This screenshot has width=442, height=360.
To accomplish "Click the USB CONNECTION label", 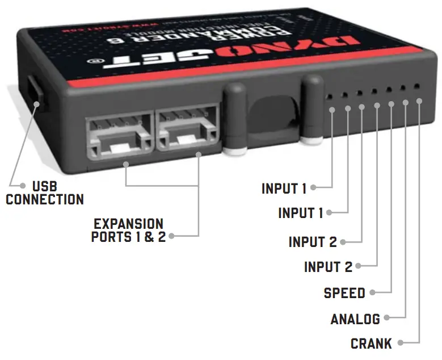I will coord(45,192).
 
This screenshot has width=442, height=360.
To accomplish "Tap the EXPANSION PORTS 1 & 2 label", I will coord(128,230).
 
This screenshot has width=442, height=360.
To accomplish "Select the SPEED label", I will coord(344,293).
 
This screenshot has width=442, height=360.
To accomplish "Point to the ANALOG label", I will coord(355,320).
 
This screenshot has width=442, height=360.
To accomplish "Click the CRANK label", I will coord(371,344).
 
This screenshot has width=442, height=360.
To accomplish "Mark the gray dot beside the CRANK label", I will coord(401,343).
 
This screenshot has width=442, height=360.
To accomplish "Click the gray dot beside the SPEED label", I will coord(373,293).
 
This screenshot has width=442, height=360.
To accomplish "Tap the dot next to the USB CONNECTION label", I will coord(23,186).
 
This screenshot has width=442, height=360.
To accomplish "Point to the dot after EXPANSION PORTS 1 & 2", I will coord(171,236).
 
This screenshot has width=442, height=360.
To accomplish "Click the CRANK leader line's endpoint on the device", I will coord(419,101).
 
